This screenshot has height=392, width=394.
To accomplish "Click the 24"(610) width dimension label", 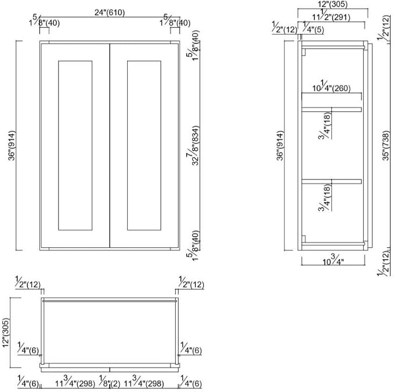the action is pyautogui.click(x=110, y=13).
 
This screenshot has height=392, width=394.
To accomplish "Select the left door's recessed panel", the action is pyautogui.click(x=75, y=145).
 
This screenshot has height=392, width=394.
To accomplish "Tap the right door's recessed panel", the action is pyautogui.click(x=144, y=145).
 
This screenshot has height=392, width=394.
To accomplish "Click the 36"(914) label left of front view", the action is pyautogui.click(x=12, y=145).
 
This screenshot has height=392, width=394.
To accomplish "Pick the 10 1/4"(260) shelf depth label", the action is pyautogui.click(x=331, y=86).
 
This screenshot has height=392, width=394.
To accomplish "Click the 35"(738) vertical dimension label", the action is pyautogui.click(x=386, y=145).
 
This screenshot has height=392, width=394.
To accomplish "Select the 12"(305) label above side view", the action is pyautogui.click(x=332, y=4).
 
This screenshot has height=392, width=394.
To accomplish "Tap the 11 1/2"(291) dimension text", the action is pyautogui.click(x=331, y=16).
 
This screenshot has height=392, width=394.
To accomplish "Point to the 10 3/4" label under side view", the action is pyautogui.click(x=333, y=260).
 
